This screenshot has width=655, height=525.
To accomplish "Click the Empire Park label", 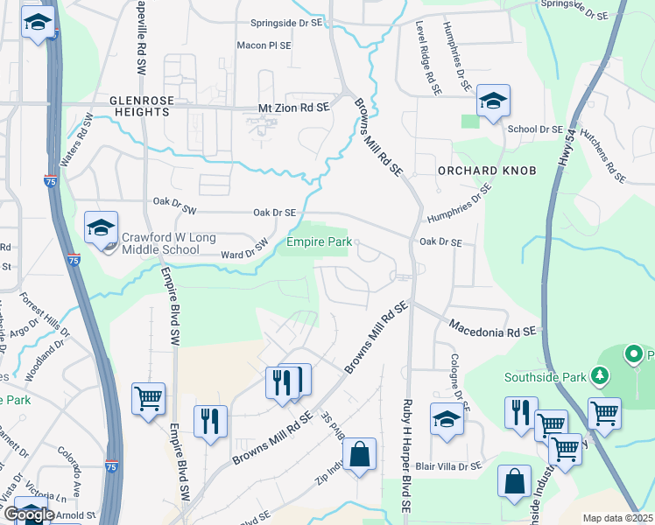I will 319,241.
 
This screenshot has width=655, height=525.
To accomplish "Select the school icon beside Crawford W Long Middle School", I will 101,228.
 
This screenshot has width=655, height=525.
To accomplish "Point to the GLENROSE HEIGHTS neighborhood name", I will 140,107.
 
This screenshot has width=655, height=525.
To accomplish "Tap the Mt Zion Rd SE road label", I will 292,107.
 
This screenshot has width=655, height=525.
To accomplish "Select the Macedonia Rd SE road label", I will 491,328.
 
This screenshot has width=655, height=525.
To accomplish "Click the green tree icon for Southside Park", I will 600,376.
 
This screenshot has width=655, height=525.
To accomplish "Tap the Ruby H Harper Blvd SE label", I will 406,455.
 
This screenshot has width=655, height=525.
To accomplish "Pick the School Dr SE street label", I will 534,129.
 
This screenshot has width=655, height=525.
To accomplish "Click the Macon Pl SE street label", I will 264,45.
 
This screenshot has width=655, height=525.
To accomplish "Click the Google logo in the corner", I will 29,514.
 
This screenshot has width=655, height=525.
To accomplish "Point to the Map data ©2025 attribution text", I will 617,518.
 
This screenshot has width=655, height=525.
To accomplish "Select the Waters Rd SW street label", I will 74,145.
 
